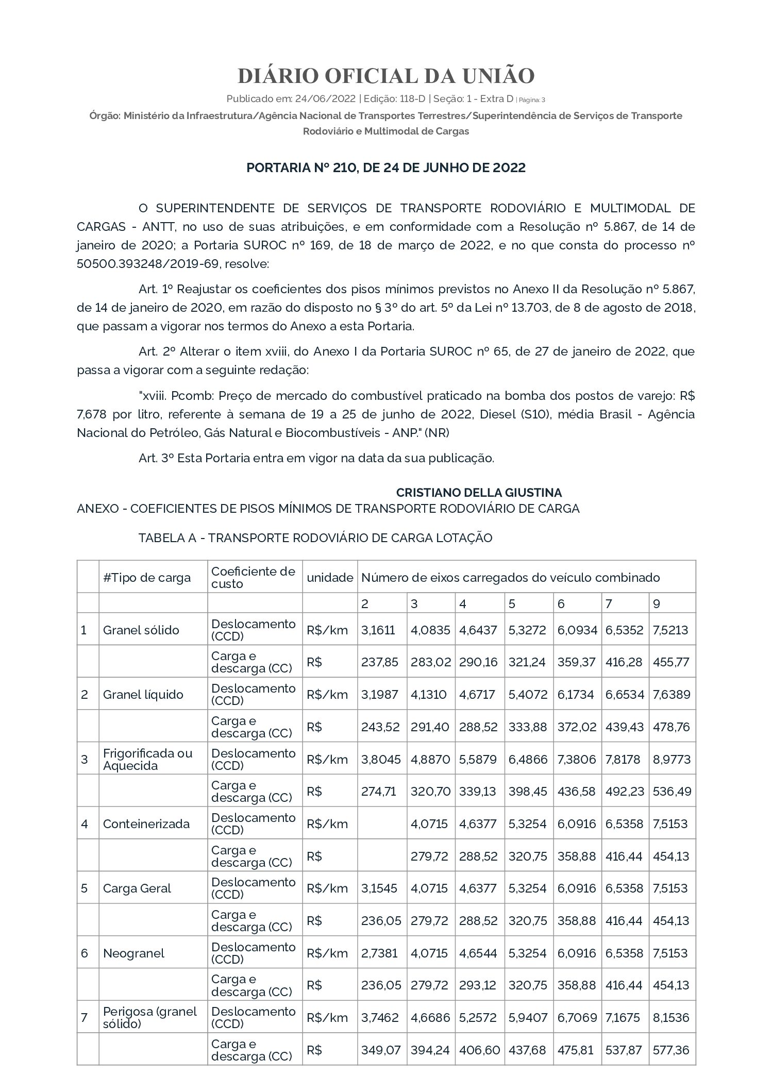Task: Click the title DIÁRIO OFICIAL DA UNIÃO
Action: click(386, 76)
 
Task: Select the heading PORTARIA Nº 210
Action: click(386, 168)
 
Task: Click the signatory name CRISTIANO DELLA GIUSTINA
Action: click(479, 493)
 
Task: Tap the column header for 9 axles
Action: click(657, 603)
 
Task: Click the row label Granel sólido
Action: click(141, 630)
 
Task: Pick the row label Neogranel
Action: click(133, 953)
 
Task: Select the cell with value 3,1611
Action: click(379, 630)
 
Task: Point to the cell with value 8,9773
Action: click(672, 760)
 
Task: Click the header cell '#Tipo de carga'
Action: click(147, 578)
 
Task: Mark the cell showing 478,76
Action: click(671, 727)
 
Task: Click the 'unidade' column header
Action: click(330, 578)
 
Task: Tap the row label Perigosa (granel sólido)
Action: click(150, 1018)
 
